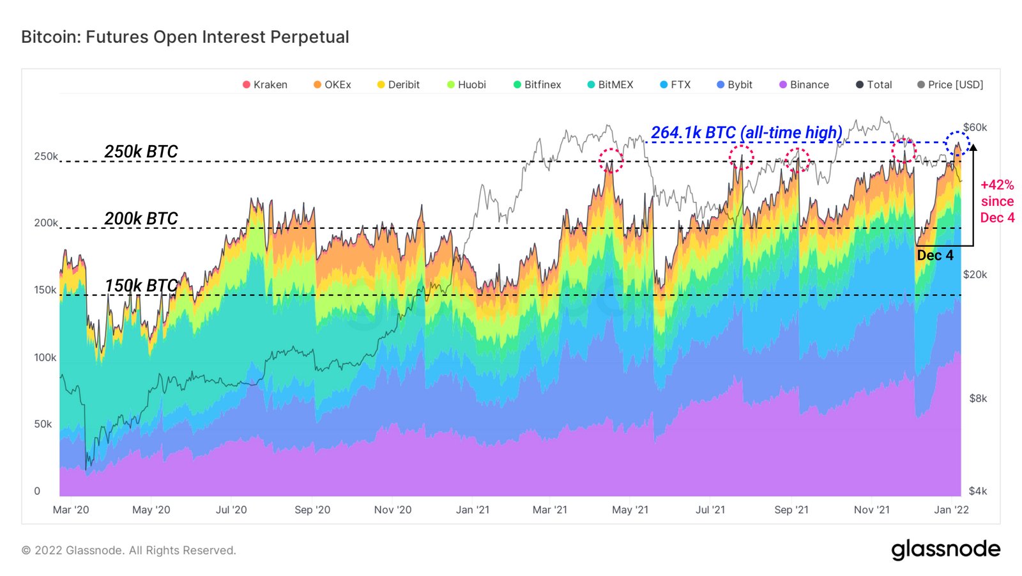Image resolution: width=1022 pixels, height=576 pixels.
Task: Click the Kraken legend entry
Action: pos(265,84)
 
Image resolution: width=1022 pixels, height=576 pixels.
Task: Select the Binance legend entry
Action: pos(804,84)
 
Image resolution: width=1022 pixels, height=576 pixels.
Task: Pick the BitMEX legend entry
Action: pos(611,84)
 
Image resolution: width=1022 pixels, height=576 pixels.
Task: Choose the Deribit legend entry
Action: pos(399,84)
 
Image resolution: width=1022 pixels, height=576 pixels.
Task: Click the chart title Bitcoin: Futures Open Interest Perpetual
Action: pos(185,37)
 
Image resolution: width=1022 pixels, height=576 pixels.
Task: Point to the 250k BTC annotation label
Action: pos(141,152)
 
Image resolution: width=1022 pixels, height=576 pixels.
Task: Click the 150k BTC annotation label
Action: pos(141,285)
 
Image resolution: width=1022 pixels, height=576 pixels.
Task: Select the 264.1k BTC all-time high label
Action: pos(746,132)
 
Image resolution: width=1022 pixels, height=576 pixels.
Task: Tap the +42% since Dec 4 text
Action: pos(997,201)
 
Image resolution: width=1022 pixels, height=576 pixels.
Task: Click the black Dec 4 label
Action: pos(935,255)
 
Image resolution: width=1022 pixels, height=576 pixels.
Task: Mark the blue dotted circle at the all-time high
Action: pos(957,143)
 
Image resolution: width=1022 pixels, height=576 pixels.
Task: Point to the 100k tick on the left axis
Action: pos(45,357)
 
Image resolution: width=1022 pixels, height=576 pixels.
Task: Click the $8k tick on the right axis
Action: pos(978,398)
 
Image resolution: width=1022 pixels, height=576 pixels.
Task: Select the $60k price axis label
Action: pos(975,127)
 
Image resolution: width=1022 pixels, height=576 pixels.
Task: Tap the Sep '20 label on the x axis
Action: pos(312,510)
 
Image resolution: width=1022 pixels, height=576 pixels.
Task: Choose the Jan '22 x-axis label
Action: pos(951,510)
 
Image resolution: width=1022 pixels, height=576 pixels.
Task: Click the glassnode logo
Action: pos(945,549)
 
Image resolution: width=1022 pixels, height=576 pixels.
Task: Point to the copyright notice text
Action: pos(129,550)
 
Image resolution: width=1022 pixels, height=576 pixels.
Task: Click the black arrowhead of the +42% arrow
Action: pos(973,148)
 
